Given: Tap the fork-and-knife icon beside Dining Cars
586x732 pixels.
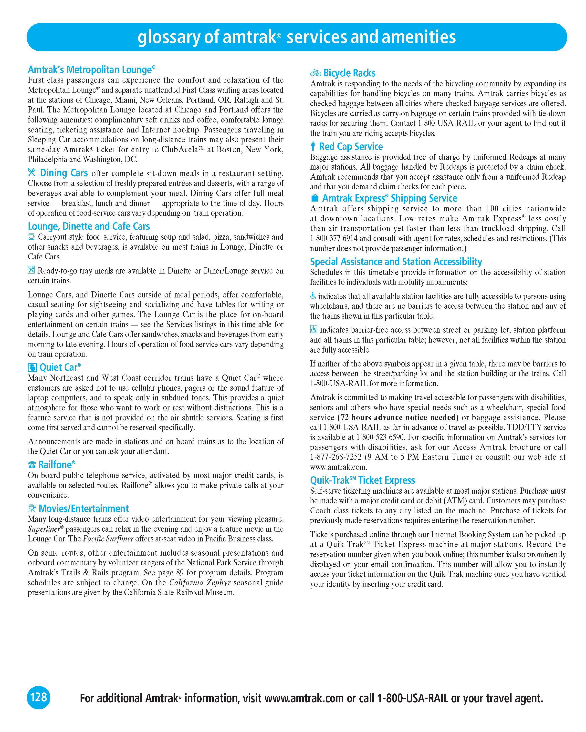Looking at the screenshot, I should coord(31,173).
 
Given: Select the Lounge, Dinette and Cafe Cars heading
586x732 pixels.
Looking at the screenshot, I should coord(89,226).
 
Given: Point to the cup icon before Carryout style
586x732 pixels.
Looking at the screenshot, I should coord(31,237).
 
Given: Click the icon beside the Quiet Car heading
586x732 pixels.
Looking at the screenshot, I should coord(32,367).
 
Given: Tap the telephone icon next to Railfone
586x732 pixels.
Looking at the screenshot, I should coord(32,465).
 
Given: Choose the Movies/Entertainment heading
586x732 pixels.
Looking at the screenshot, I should coord(84,508).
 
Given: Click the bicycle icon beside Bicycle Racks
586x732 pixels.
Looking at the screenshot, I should coord(315,73).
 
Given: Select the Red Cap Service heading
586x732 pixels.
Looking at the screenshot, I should coord(351,146).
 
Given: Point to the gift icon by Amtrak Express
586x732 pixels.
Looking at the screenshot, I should coord(314,198).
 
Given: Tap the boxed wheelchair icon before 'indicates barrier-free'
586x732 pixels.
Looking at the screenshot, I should coord(314,329).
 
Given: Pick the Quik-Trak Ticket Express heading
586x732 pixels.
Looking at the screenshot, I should coord(362,480).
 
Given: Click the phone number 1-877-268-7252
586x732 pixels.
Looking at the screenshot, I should coord(336,457).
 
